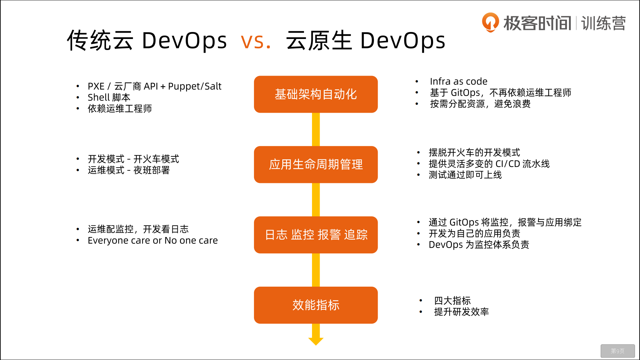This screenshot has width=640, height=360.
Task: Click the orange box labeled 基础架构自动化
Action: pyautogui.click(x=316, y=94)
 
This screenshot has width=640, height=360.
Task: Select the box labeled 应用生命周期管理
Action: pyautogui.click(x=316, y=165)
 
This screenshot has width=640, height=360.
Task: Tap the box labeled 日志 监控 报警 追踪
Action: pyautogui.click(x=316, y=235)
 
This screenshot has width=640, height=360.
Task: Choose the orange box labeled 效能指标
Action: pyautogui.click(x=316, y=305)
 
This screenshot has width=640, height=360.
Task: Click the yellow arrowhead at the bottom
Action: pyautogui.click(x=316, y=341)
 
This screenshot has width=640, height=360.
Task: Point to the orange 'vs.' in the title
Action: pyautogui.click(x=256, y=41)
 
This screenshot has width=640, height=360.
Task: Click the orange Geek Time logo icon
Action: pyautogui.click(x=490, y=22)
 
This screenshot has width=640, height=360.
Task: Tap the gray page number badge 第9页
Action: pyautogui.click(x=618, y=351)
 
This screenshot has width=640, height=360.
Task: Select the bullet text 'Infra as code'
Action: pyautogui.click(x=459, y=81)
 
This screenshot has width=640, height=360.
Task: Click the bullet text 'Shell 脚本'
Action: pyautogui.click(x=109, y=97)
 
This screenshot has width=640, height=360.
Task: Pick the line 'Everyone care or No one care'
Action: pyautogui.click(x=153, y=240)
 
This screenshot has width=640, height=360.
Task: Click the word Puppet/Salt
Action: pyautogui.click(x=195, y=86)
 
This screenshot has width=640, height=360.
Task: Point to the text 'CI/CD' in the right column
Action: pyautogui.click(x=508, y=164)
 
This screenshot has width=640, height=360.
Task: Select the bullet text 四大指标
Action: pyautogui.click(x=452, y=301)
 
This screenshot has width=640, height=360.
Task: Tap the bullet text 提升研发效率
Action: pyautogui.click(x=461, y=312)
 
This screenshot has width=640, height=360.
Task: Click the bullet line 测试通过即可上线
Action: pyautogui.click(x=465, y=175)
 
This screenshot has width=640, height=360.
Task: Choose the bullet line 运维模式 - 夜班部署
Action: pyautogui.click(x=129, y=170)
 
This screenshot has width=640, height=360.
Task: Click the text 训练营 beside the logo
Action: pyautogui.click(x=603, y=23)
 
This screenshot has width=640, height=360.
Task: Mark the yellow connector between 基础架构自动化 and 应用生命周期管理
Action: pyautogui.click(x=316, y=129)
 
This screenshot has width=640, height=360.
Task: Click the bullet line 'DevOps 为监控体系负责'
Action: pyautogui.click(x=479, y=245)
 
